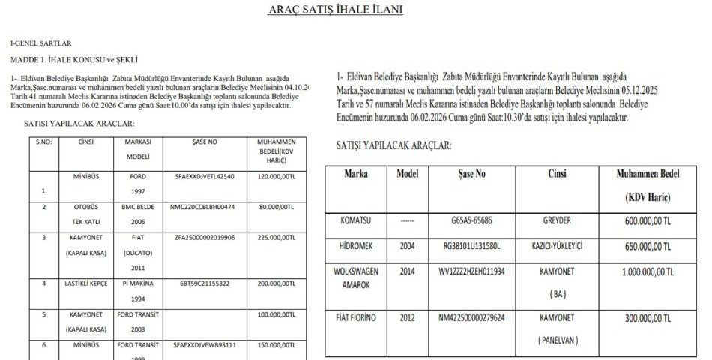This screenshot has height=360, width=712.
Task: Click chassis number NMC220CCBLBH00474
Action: pos(202,205)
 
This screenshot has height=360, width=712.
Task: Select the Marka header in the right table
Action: pos(355,173)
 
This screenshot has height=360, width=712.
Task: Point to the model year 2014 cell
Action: pos(406,271)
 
